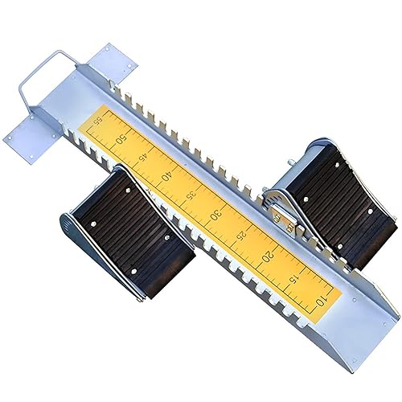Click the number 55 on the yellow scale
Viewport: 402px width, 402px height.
click(x=99, y=121)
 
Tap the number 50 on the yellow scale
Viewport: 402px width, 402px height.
click(x=121, y=139)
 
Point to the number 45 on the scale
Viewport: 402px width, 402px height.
click(x=143, y=158)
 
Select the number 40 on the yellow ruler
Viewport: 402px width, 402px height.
click(x=166, y=177)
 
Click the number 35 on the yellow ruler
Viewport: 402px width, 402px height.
click(x=191, y=195)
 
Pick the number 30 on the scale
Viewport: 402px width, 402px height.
click(x=216, y=215)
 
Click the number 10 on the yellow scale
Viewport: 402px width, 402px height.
click(x=322, y=301)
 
